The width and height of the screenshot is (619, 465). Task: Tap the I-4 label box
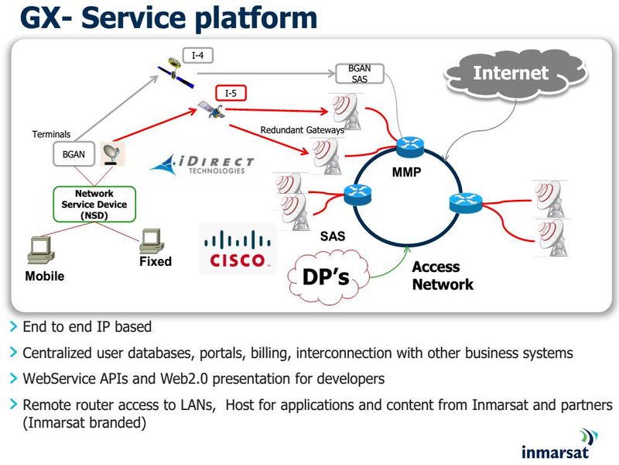[x=197, y=56]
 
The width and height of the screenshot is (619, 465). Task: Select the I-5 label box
[x=231, y=94]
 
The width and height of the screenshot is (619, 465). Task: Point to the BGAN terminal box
[x=74, y=154]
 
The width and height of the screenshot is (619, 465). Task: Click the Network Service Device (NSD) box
[x=94, y=205]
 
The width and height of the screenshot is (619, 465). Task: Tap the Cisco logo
[x=238, y=250]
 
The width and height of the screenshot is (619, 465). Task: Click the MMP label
[x=406, y=172]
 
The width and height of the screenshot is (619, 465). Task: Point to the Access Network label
[x=442, y=276]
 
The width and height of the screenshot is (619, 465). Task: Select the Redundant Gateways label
[x=302, y=130]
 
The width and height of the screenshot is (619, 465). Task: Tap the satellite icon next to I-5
[x=210, y=110]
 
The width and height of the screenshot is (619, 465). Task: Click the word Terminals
[x=51, y=134]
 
